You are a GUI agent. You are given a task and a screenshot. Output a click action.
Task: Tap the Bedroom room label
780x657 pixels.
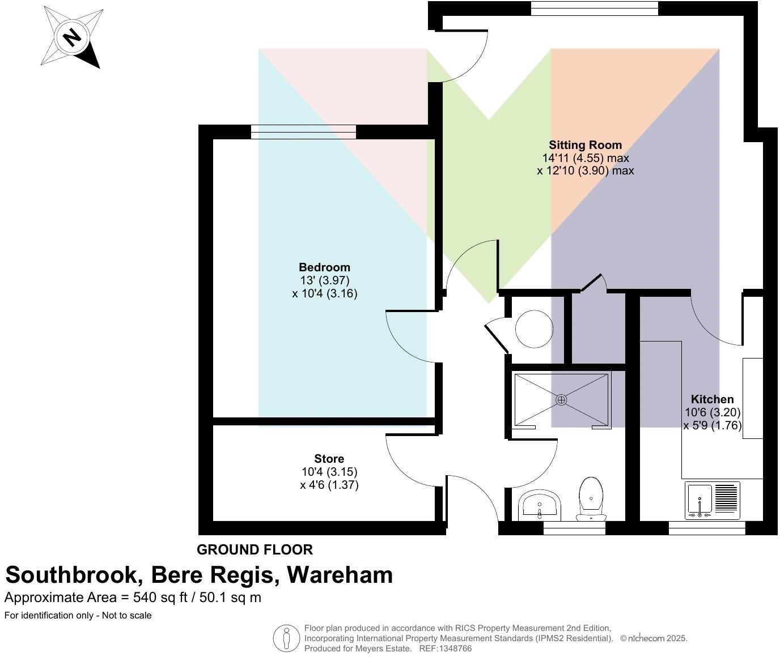tap(324, 267)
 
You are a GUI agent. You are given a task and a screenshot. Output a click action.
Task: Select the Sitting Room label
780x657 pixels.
tap(585, 145)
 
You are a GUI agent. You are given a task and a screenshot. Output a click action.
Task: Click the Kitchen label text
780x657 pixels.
tap(712, 399)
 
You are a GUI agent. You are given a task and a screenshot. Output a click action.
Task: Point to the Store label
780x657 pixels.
tap(329, 459)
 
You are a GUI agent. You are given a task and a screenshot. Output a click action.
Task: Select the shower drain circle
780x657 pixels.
tap(561, 400)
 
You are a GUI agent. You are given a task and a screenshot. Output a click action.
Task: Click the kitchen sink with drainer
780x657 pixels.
tap(713, 500)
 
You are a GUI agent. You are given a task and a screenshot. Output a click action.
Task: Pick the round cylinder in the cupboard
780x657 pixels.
tap(533, 328)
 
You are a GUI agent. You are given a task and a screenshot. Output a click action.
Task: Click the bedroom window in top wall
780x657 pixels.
tap(303, 132)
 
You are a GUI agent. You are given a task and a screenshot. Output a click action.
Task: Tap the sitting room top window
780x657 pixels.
tap(594, 8)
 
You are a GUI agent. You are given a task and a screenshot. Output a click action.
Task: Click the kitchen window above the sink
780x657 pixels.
tap(706, 528)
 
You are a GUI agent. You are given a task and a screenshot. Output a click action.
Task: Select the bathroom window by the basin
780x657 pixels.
tap(574, 528)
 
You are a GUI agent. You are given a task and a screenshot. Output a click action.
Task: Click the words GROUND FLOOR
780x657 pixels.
tap(255, 549)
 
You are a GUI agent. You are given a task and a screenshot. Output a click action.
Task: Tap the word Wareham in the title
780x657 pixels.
tap(340, 575)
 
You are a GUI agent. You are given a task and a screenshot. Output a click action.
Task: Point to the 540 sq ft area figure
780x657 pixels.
tap(160, 597)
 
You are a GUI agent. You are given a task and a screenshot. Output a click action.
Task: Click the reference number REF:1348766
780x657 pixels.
tap(445, 649)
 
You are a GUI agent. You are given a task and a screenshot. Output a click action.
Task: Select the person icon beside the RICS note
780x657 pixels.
tap(286, 638)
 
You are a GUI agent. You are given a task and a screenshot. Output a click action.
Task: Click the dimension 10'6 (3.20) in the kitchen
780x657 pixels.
tap(713, 412)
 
